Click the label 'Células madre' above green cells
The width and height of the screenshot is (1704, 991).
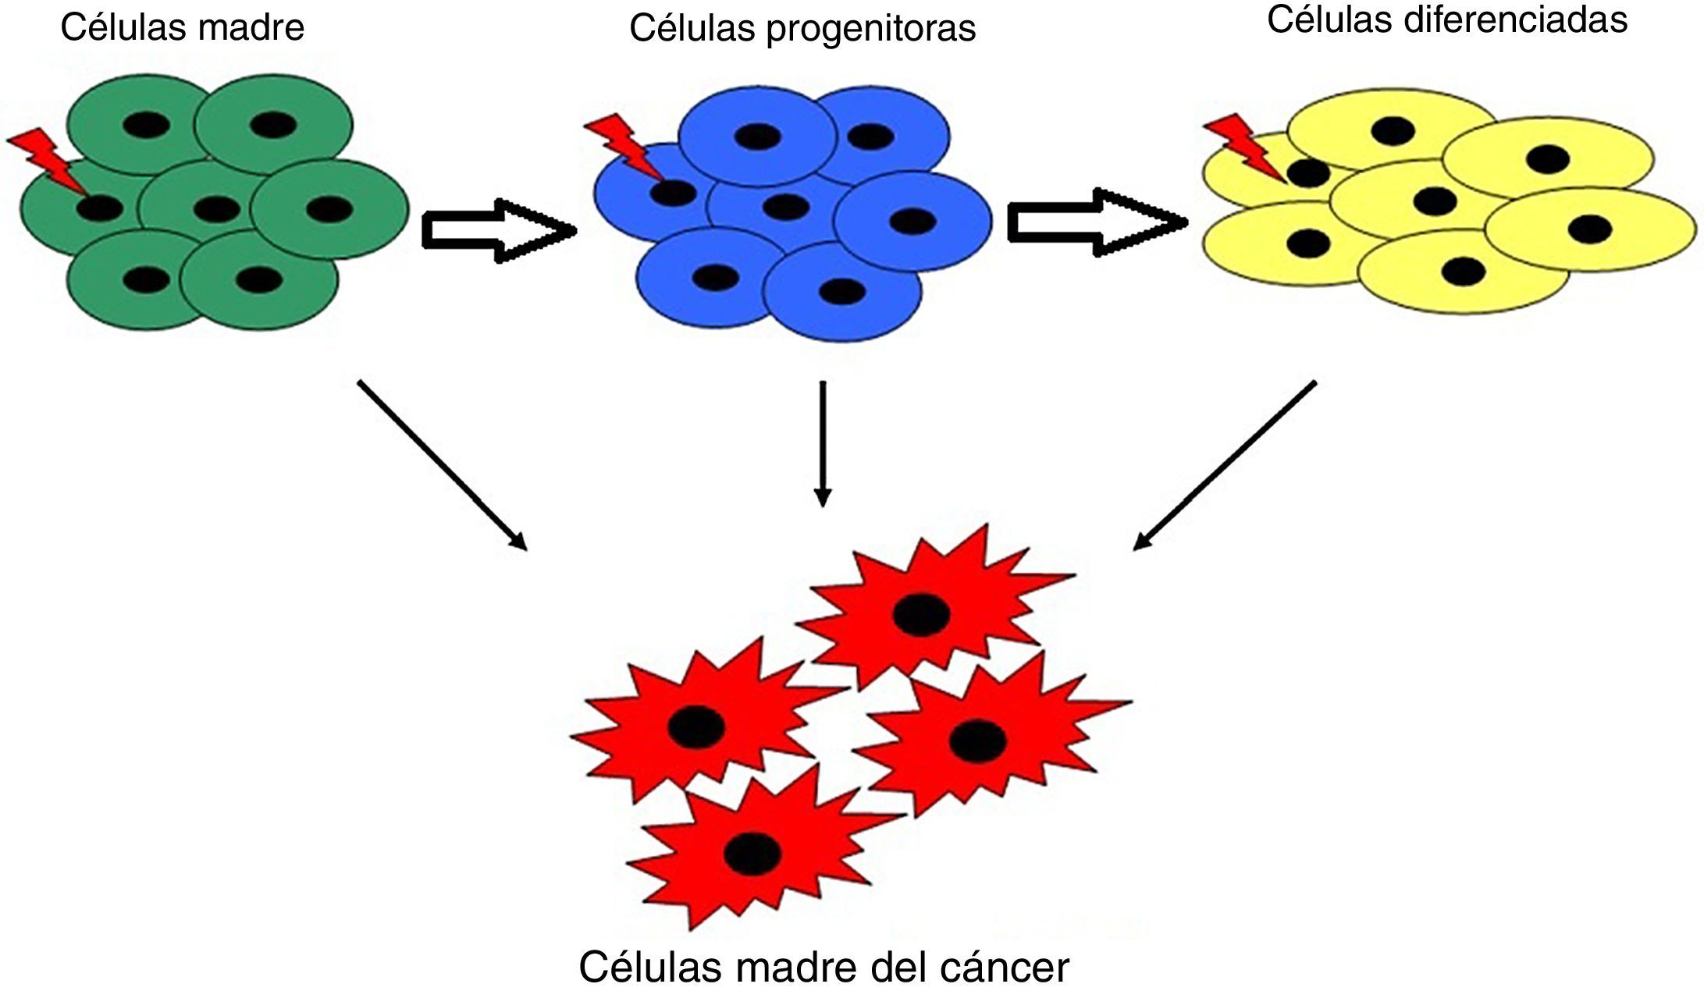point(182,28)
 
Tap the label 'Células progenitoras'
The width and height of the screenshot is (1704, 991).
point(802,29)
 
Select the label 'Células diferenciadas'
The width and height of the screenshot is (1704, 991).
point(1446,20)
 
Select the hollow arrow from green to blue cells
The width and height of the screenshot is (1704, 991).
point(496,230)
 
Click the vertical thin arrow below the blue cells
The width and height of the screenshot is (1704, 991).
point(822,443)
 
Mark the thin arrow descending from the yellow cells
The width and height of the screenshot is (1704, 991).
point(1225,465)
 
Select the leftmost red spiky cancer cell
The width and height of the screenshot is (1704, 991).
point(698,726)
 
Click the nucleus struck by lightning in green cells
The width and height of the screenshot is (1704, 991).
point(101,208)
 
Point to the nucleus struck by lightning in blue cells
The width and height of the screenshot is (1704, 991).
point(674,192)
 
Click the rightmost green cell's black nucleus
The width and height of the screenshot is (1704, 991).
point(329,208)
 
